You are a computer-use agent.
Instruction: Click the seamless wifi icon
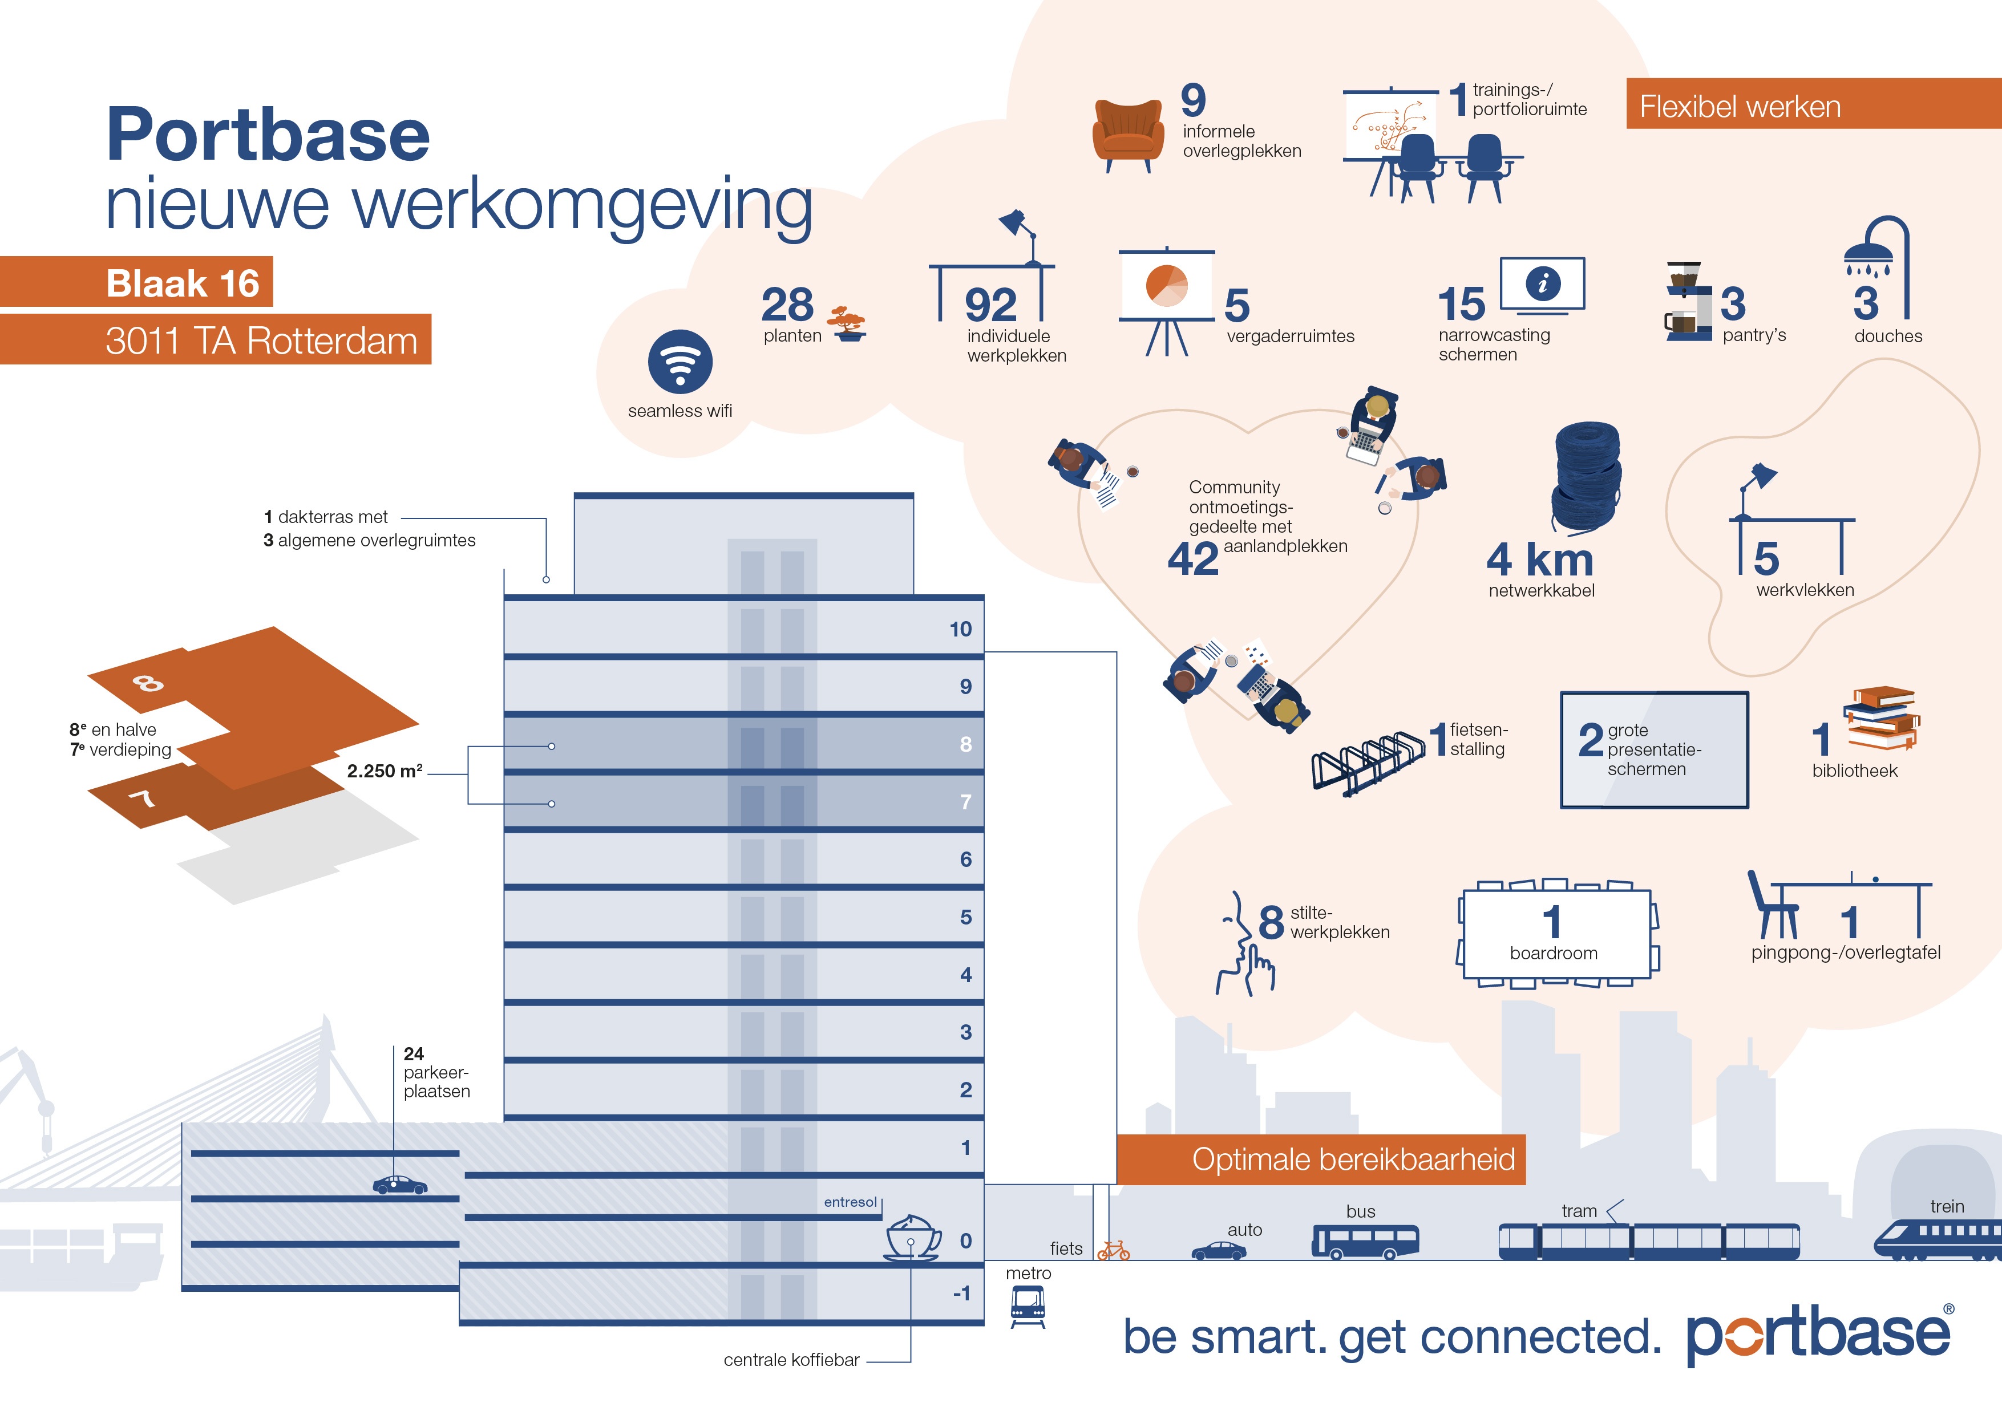tap(680, 362)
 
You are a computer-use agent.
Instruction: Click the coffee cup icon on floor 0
tap(913, 1238)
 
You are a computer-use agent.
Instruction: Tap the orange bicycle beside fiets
tap(1114, 1251)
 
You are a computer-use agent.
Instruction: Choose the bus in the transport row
tap(1365, 1242)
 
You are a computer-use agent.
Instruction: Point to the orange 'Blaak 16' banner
tap(137, 282)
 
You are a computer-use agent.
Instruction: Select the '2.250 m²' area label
tap(385, 771)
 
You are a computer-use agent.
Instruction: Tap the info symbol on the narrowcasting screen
tap(1543, 283)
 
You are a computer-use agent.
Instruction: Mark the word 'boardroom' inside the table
tap(1554, 953)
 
